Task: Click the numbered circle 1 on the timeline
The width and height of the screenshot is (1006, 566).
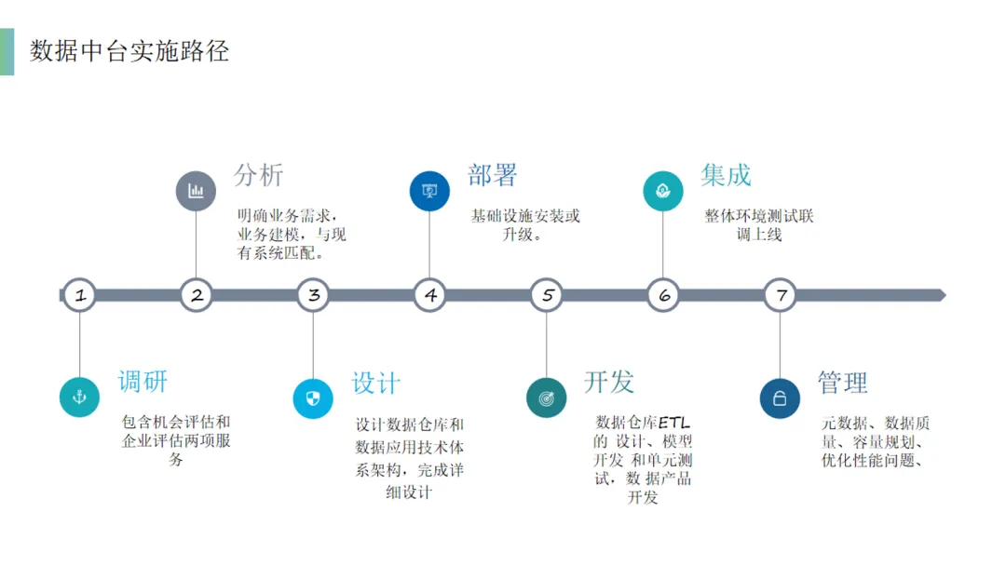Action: pyautogui.click(x=80, y=296)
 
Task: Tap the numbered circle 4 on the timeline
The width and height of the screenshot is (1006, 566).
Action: pyautogui.click(x=429, y=296)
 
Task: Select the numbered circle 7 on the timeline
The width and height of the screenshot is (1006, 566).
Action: pyautogui.click(x=781, y=296)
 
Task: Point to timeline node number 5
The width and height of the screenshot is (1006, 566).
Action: pyautogui.click(x=547, y=296)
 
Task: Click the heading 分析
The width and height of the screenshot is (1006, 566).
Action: pyautogui.click(x=258, y=175)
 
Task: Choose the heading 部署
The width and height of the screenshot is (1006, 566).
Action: pyautogui.click(x=492, y=175)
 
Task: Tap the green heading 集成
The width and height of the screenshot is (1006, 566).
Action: pyautogui.click(x=726, y=175)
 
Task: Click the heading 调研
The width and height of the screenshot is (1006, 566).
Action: pyautogui.click(x=143, y=381)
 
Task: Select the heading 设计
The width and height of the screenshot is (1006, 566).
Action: pyautogui.click(x=375, y=383)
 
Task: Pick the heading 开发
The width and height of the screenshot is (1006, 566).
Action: pyautogui.click(x=609, y=381)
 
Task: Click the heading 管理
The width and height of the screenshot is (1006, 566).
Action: pyautogui.click(x=843, y=383)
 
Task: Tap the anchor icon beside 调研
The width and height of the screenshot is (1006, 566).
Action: pyautogui.click(x=79, y=398)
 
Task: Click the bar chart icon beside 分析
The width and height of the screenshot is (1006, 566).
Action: pyautogui.click(x=196, y=191)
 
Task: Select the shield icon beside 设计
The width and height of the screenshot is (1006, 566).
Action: pyautogui.click(x=313, y=398)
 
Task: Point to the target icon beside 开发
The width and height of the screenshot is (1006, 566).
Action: pyautogui.click(x=547, y=398)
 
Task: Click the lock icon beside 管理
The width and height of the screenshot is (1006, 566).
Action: pyautogui.click(x=781, y=398)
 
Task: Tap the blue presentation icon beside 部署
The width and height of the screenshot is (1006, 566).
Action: pyautogui.click(x=429, y=191)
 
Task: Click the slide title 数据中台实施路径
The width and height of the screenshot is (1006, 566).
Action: pyautogui.click(x=129, y=51)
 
